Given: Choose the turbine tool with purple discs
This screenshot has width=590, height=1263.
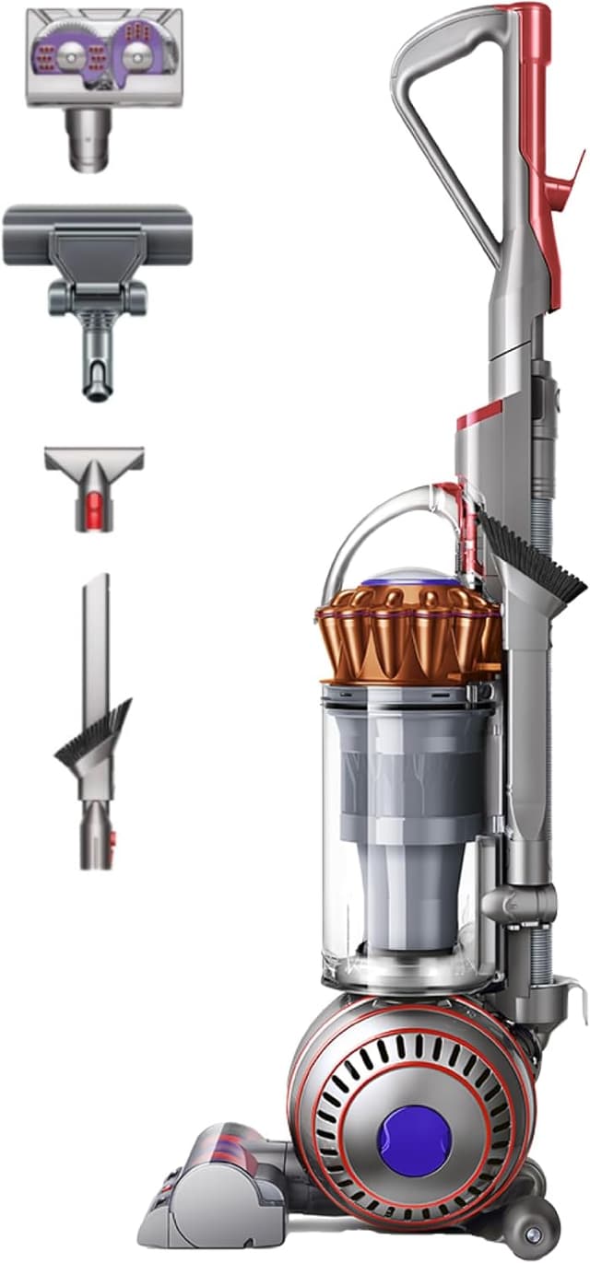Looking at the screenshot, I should click(x=103, y=55).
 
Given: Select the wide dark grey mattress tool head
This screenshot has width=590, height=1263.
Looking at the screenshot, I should click(x=97, y=236).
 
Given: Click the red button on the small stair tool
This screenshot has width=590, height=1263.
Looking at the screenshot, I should click(x=95, y=505).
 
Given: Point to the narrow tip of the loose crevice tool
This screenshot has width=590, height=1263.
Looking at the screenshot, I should click(x=95, y=590).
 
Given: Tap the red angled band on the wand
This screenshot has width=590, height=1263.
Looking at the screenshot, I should click(x=479, y=415).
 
